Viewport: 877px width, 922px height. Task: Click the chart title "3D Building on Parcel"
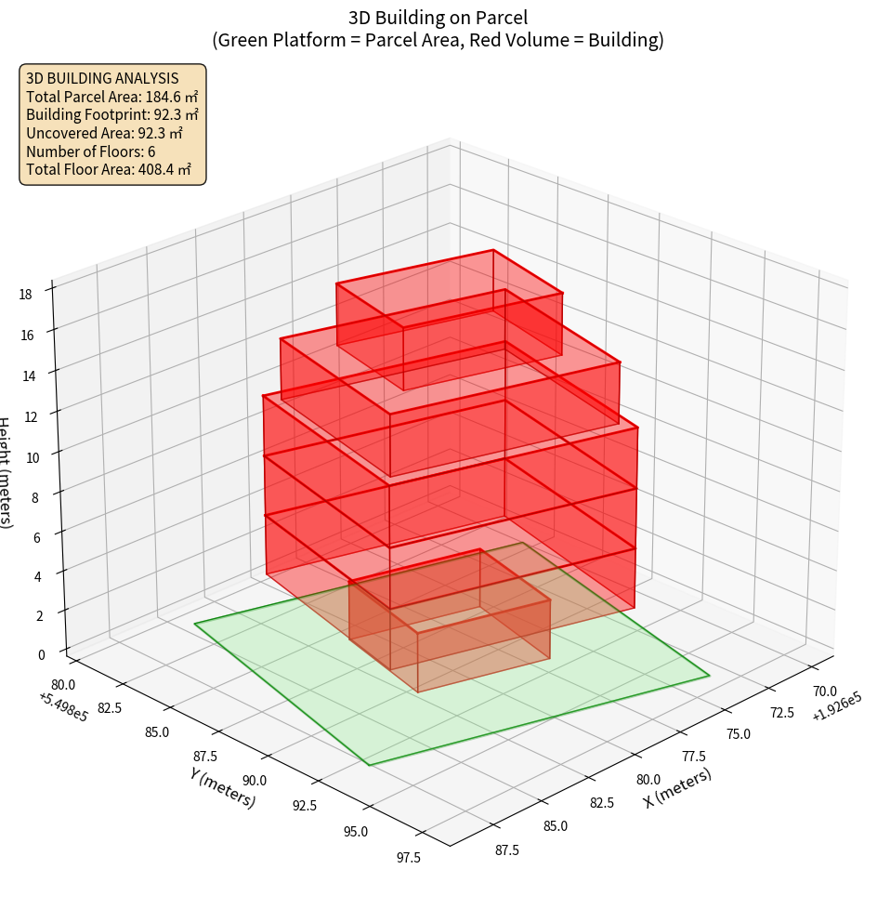click(x=438, y=17)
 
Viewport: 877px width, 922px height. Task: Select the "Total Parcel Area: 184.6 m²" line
click(x=111, y=96)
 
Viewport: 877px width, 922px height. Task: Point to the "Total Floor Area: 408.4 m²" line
click(x=109, y=169)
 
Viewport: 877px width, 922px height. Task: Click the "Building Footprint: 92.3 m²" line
click(x=111, y=114)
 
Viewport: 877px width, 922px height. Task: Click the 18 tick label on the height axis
click(x=25, y=295)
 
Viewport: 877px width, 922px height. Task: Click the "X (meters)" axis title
click(x=677, y=787)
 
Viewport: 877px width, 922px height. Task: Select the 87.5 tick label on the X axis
click(x=506, y=850)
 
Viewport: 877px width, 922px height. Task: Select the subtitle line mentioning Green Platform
click(x=438, y=40)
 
